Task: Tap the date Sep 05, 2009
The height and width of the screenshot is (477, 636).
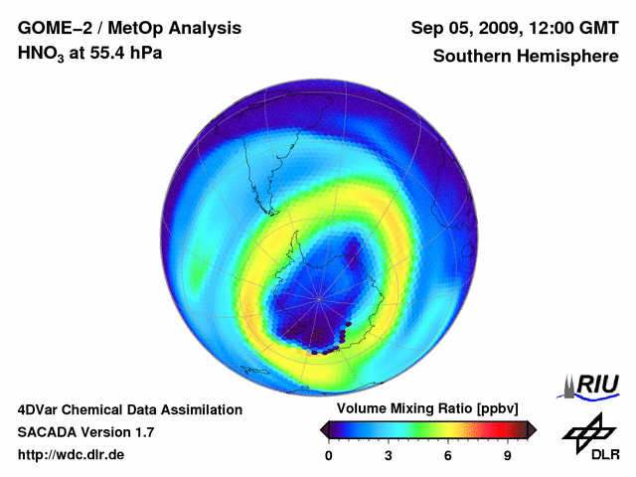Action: tap(465, 28)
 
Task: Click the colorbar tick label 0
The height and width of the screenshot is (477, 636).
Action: tap(329, 455)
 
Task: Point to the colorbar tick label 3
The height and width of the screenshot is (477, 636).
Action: tap(389, 455)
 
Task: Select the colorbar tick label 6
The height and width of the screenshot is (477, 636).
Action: tap(448, 455)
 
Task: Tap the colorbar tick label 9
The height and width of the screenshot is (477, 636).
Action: tap(507, 455)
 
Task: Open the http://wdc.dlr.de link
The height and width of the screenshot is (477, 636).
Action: tap(72, 455)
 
